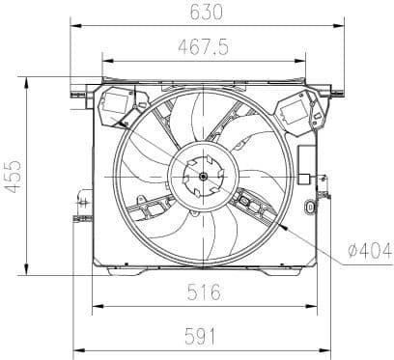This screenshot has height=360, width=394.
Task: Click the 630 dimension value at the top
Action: coord(204,13)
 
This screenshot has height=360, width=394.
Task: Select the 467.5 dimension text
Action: coord(204,46)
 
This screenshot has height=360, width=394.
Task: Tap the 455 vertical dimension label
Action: coord(13,175)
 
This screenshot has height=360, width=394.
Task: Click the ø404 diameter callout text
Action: coord(370,252)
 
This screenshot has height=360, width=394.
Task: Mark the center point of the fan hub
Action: coord(203,176)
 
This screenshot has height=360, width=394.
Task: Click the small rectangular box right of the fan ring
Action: coord(305,178)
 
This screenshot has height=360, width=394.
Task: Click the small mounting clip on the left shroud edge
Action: coord(82,202)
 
